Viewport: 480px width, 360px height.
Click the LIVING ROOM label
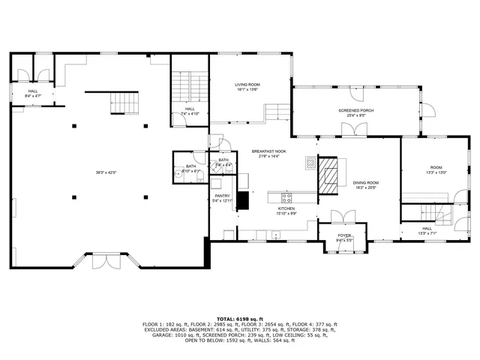pyautogui.click(x=247, y=85)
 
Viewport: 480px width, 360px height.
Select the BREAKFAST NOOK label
pyautogui.click(x=268, y=151)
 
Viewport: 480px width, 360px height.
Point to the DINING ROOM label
pyautogui.click(x=366, y=183)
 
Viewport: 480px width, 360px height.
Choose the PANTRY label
pyautogui.click(x=223, y=196)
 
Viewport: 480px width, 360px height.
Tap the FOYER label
pyautogui.click(x=344, y=235)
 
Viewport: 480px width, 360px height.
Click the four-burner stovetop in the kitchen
pyautogui.click(x=286, y=198)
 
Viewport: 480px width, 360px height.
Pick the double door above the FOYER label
pyautogui.click(x=341, y=217)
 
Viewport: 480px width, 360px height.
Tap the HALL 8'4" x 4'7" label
pyautogui.click(x=33, y=94)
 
